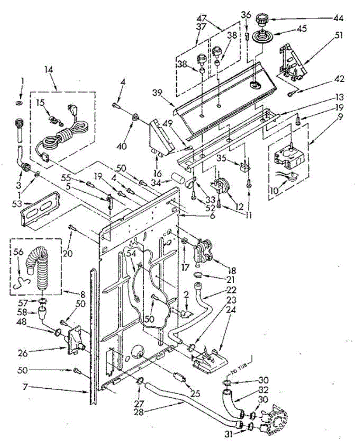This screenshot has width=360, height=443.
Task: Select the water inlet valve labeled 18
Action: (203, 249)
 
